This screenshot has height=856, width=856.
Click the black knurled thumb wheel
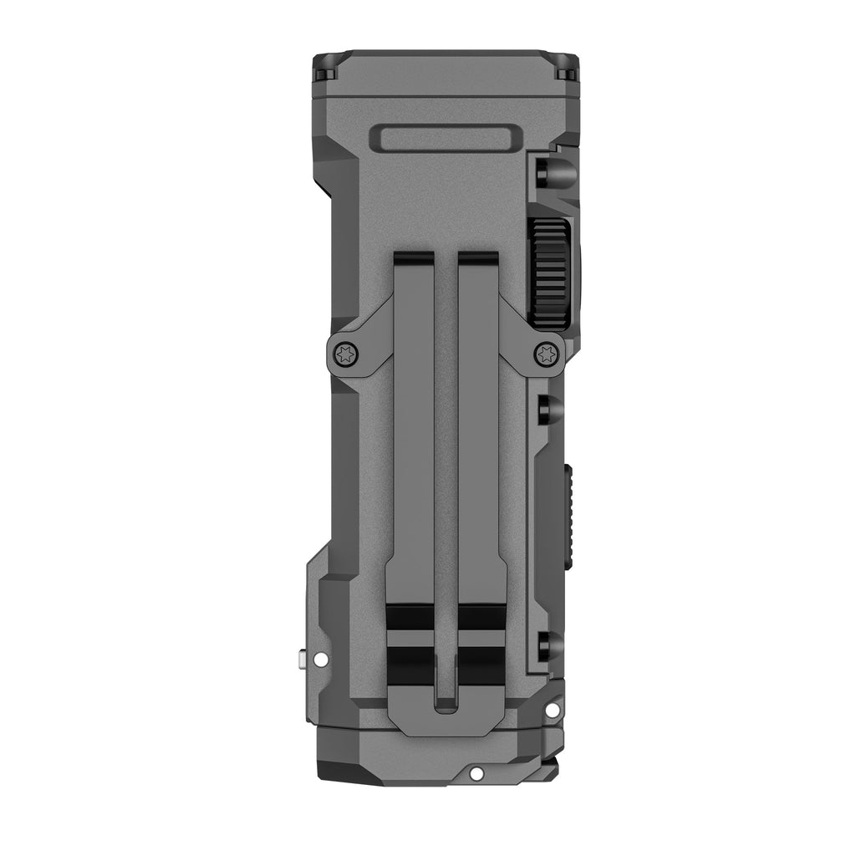(550, 273)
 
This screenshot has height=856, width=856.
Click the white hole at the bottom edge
(476, 772)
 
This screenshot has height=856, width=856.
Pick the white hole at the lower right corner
(552, 711)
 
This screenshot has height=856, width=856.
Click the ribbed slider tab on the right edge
(568, 518)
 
